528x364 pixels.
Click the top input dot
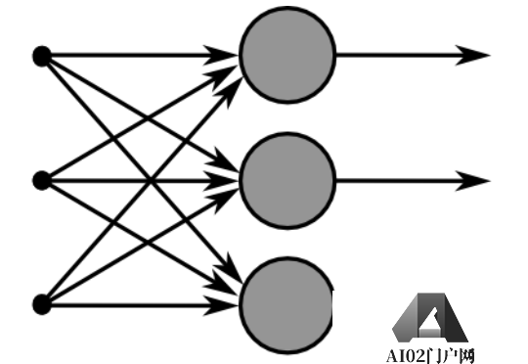(x=41, y=55)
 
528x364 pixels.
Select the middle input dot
(x=41, y=180)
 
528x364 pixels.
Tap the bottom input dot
(x=41, y=305)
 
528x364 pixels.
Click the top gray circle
(x=287, y=55)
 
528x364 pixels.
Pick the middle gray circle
(x=287, y=180)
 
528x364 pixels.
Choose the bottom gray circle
(x=287, y=305)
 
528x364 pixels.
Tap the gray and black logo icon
(x=430, y=318)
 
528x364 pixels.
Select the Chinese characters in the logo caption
(x=452, y=355)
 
